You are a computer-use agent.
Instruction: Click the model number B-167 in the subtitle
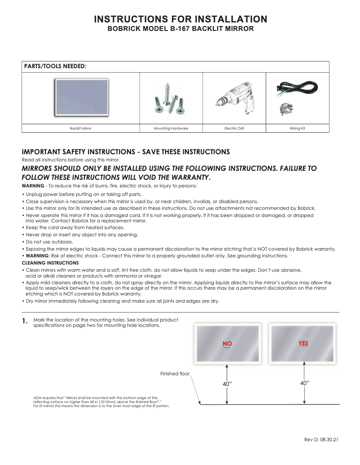(x=179, y=29)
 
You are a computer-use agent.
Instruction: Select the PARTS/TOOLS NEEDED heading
(x=55, y=66)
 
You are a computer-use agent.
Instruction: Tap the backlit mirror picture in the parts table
(x=81, y=98)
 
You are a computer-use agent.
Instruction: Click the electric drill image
(x=234, y=98)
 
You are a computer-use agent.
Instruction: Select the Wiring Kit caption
(x=297, y=129)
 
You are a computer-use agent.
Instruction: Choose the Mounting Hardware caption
(x=171, y=129)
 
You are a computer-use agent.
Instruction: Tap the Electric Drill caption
(x=234, y=129)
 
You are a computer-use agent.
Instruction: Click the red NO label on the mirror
(x=227, y=344)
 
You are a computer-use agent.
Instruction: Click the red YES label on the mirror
(x=303, y=343)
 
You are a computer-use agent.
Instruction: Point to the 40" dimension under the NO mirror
(x=227, y=384)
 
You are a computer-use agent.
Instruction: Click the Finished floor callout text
(x=175, y=373)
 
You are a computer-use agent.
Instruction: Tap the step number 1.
(x=25, y=322)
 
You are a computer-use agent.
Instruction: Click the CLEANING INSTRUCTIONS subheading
(x=50, y=263)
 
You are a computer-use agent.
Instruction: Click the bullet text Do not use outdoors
(x=48, y=242)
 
